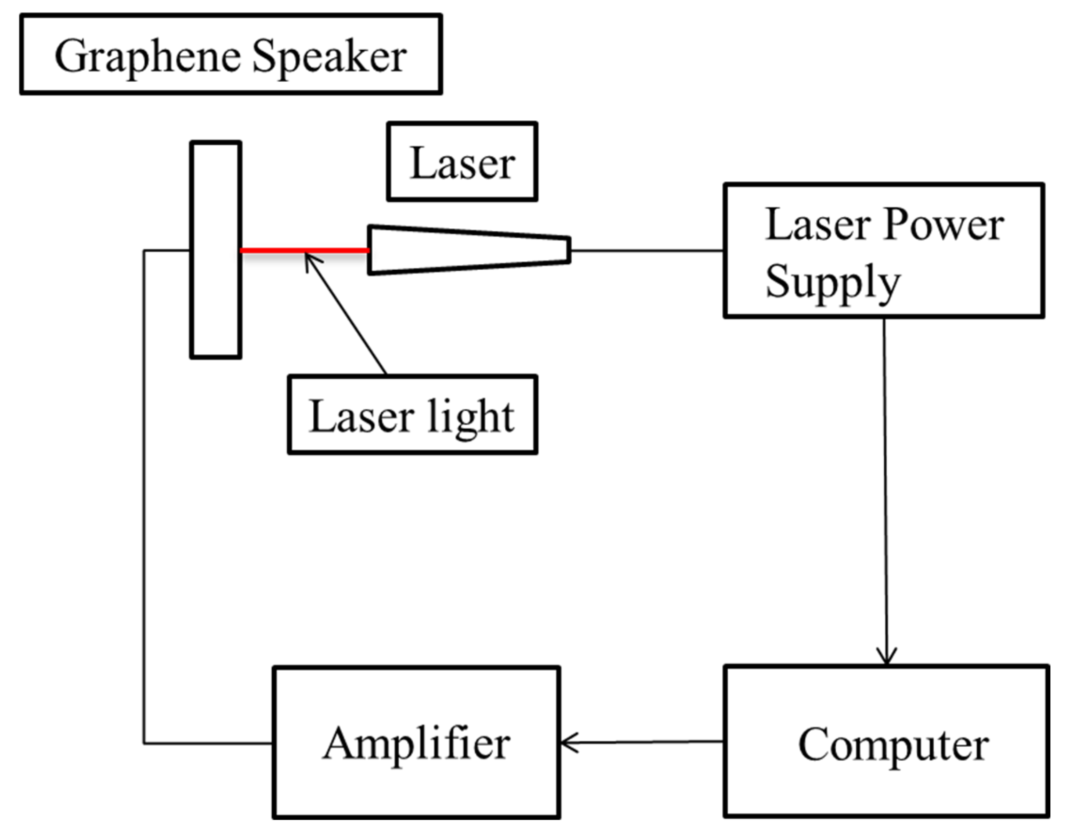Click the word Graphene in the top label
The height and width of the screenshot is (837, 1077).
click(148, 57)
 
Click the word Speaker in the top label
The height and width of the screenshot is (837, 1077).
click(330, 57)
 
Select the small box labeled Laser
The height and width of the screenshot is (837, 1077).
click(462, 162)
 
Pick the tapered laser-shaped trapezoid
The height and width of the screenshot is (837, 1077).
click(469, 250)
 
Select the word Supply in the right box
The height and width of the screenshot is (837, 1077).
click(833, 282)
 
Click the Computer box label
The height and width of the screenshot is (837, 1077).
click(894, 744)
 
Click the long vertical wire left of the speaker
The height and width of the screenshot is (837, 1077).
click(144, 493)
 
